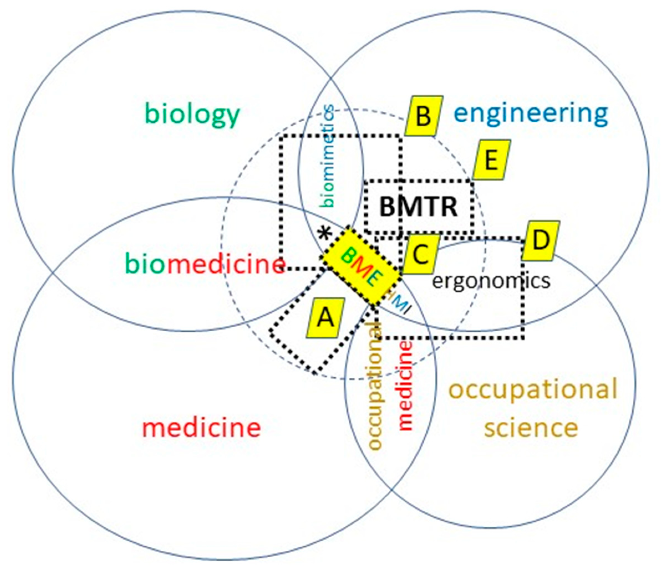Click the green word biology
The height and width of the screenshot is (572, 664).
[192, 115]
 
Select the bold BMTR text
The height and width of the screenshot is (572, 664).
[419, 207]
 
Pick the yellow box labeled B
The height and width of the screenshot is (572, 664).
[424, 116]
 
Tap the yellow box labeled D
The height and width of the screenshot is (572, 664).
[541, 241]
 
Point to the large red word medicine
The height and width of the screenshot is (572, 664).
[201, 428]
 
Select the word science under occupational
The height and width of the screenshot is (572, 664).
[531, 428]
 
